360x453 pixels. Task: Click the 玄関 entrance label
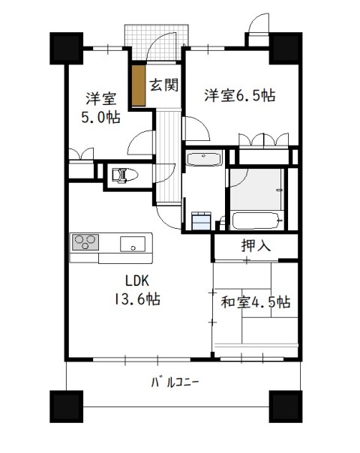[x=163, y=85]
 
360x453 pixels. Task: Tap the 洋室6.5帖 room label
[x=240, y=95]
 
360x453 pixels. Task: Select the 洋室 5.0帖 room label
[x=100, y=107]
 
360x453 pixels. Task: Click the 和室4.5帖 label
[x=256, y=302]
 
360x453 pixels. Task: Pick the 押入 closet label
[x=256, y=246]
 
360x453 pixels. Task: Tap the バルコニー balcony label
[x=175, y=382]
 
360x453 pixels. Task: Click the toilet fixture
[x=124, y=175]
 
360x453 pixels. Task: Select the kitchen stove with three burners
[x=85, y=241]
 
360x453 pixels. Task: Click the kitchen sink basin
[x=133, y=244]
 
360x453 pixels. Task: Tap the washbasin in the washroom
[x=204, y=158]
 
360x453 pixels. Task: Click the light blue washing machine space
[x=202, y=221]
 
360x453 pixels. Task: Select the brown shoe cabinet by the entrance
[x=139, y=85]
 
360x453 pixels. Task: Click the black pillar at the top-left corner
[x=67, y=48]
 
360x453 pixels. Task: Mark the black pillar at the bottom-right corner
[x=286, y=406]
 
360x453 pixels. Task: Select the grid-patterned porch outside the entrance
[x=157, y=43]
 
